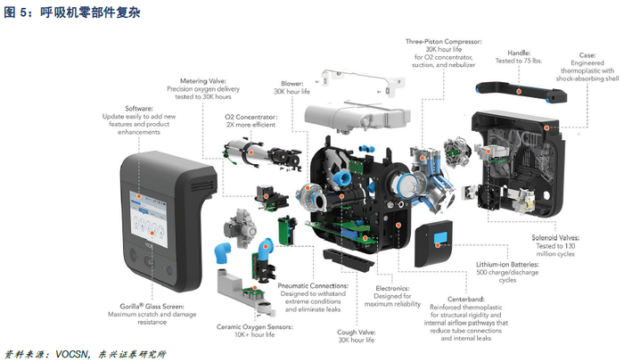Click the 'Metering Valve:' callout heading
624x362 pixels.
click(203, 81)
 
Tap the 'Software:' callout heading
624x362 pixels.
click(139, 108)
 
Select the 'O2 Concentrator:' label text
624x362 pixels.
click(251, 117)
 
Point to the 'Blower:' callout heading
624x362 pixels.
click(292, 84)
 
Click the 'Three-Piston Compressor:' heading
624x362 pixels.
click(443, 41)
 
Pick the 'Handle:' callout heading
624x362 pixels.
click(519, 53)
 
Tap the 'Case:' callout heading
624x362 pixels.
click(587, 55)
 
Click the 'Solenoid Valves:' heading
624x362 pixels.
click(555, 238)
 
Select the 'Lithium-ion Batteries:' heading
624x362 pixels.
click(507, 265)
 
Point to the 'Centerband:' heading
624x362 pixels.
click(466, 299)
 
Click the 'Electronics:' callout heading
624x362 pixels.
click(392, 288)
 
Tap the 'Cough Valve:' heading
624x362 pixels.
click(357, 333)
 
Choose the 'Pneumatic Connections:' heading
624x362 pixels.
click(313, 285)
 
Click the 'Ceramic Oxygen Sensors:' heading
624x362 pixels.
click(255, 327)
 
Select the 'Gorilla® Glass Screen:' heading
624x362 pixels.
click(152, 306)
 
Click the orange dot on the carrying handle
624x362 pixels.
click(519, 91)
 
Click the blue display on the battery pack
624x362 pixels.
click(440, 238)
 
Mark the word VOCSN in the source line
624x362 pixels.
click(71, 354)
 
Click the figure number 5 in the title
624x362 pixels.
click(23, 12)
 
